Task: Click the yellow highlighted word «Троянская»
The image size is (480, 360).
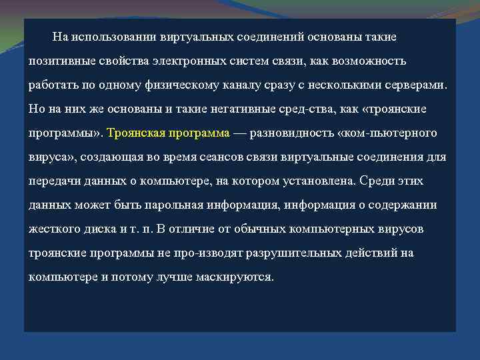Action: point(138,133)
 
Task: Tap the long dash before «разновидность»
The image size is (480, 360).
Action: point(240,133)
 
